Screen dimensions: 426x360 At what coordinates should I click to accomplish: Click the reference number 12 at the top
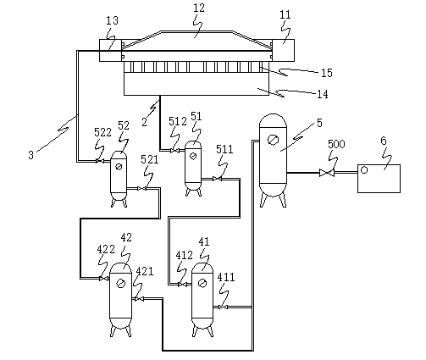point(199,8)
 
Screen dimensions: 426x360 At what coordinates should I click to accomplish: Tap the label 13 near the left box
point(112,20)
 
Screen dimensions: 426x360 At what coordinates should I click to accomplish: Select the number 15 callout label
point(327,73)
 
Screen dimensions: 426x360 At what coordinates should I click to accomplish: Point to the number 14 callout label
point(323,94)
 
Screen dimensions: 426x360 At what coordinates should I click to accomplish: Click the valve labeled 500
point(327,173)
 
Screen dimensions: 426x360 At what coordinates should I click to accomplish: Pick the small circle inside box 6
point(364,170)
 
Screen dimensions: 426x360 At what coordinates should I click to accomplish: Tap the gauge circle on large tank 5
point(273,140)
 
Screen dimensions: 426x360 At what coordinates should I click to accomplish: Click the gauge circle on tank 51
point(193,156)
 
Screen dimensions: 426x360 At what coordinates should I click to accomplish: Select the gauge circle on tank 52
point(119,167)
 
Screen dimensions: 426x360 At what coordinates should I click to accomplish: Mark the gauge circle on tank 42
point(120,283)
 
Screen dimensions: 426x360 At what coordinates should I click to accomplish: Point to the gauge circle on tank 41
point(202,283)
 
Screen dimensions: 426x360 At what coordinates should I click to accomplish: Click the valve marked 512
point(174,151)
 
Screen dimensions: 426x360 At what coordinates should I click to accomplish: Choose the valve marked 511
point(218,179)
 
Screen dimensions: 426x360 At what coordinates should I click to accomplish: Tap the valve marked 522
point(99,161)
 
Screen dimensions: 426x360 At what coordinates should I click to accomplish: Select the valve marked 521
point(142,188)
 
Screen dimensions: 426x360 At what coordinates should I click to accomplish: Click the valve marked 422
point(103,279)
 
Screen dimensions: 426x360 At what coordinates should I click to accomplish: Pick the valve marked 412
point(182,285)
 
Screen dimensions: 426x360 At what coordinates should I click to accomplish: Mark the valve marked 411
point(223,307)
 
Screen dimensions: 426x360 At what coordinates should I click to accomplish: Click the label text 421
point(145,271)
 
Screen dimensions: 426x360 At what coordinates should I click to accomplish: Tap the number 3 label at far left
point(31,155)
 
